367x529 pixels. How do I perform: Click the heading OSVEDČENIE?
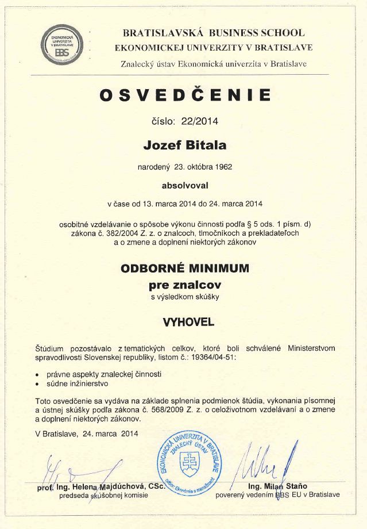pyautogui.click(x=184, y=95)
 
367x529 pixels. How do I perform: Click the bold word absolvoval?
pyautogui.click(x=184, y=186)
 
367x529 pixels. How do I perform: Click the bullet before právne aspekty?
pyautogui.click(x=37, y=374)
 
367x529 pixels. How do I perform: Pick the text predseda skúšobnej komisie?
pyautogui.click(x=101, y=495)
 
